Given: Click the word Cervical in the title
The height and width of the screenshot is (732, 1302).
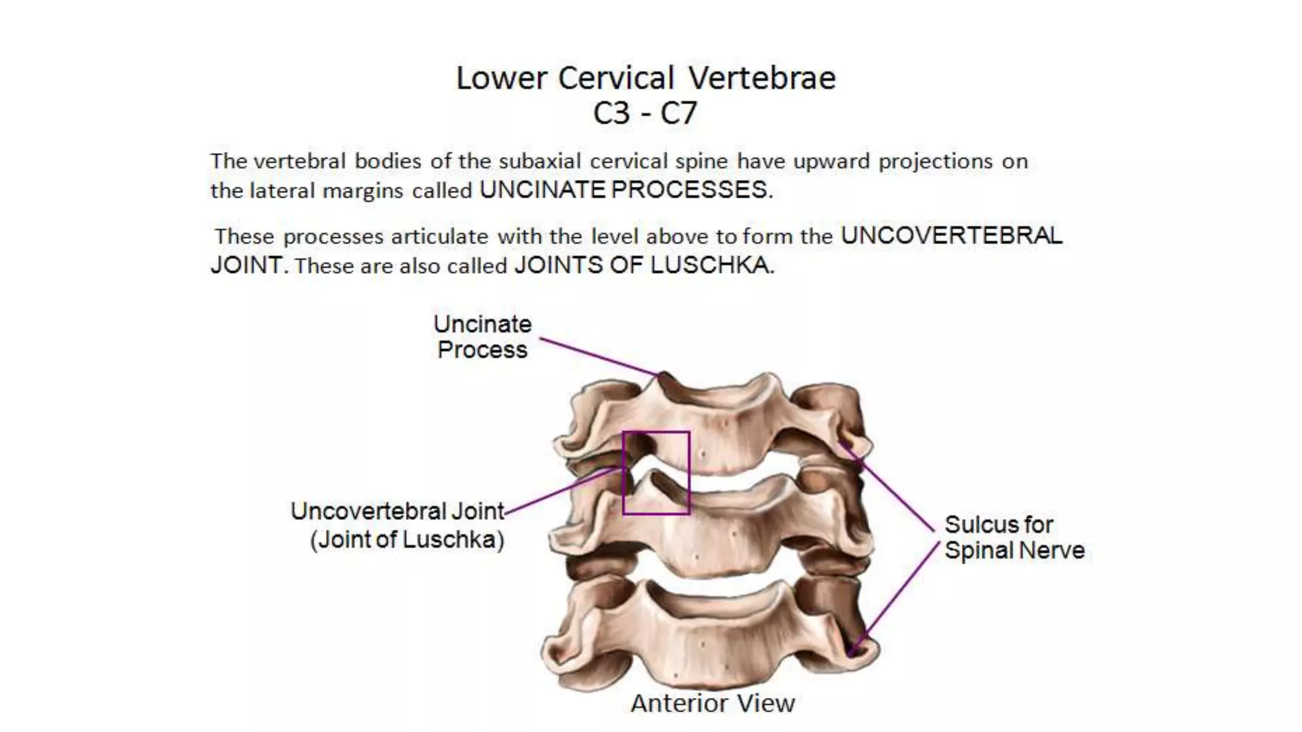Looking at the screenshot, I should point(616,79).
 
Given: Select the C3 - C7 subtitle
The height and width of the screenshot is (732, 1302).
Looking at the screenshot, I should point(645,114).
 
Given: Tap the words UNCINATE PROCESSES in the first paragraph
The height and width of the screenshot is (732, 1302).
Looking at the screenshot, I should point(626,190).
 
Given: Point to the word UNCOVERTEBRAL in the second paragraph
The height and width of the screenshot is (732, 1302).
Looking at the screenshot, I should point(951,236).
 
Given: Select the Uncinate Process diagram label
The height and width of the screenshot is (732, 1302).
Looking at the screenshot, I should point(483,337).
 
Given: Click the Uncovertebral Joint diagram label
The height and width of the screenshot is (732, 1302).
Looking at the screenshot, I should point(397,512).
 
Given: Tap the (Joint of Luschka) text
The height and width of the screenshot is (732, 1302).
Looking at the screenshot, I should point(407,539).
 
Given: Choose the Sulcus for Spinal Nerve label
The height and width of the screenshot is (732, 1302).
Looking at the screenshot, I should point(1014,538).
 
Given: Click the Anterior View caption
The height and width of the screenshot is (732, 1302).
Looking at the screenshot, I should point(713,703).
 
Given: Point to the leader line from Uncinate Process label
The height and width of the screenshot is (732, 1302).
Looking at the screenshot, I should point(598,356).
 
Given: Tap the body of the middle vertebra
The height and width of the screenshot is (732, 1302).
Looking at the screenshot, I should point(712,540).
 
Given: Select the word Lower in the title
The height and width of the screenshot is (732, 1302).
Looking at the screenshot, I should point(502,79).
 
